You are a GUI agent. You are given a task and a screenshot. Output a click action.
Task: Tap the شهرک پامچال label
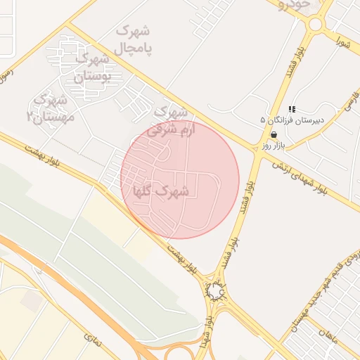[x=134, y=39]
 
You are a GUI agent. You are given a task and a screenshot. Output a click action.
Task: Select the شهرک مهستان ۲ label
[x=50, y=107]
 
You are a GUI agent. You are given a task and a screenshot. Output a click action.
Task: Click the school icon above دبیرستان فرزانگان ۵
[x=292, y=109]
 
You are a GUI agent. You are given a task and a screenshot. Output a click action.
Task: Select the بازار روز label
[x=272, y=144]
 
